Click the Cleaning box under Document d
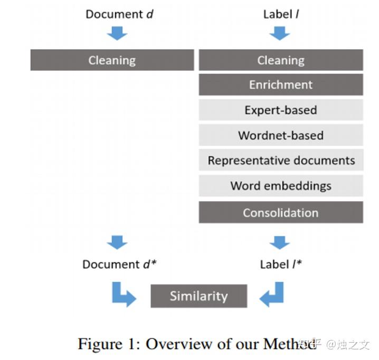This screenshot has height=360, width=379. tap(112, 60)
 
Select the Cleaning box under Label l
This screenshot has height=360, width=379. tap(281, 60)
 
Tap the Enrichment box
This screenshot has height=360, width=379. tap(281, 85)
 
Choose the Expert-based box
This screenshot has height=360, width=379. tap(281, 110)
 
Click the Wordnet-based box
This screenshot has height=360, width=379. tap(281, 135)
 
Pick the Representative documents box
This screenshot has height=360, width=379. tap(281, 160)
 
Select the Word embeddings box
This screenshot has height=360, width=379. tap(281, 186)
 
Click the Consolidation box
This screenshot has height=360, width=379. tap(281, 213)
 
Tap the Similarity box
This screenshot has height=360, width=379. tap(198, 296)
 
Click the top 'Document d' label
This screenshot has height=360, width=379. tap(119, 14)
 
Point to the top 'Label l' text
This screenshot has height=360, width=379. tap(281, 14)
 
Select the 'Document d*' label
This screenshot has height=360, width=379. tap(119, 264)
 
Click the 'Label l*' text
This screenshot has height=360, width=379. tap(281, 264)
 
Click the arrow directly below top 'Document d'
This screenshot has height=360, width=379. tap(117, 33)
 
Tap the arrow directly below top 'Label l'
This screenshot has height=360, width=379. tap(280, 33)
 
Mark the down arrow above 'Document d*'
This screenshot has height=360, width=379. tap(117, 242)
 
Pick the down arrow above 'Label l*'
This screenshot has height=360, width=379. tap(280, 242)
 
